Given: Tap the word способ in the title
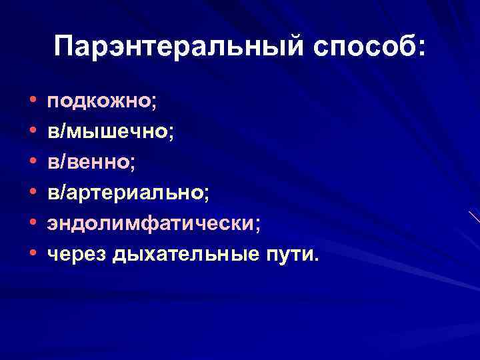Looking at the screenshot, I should click(358, 48).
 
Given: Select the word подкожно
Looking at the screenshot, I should click(99, 102).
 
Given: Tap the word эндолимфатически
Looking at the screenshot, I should click(150, 223).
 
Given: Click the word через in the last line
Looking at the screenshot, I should click(77, 253).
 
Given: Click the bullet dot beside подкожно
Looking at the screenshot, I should click(33, 103).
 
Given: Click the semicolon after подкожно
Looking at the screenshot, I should click(154, 105).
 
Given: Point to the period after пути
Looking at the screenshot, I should click(316, 258).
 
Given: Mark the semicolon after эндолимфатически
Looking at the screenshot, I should click(257, 225).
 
